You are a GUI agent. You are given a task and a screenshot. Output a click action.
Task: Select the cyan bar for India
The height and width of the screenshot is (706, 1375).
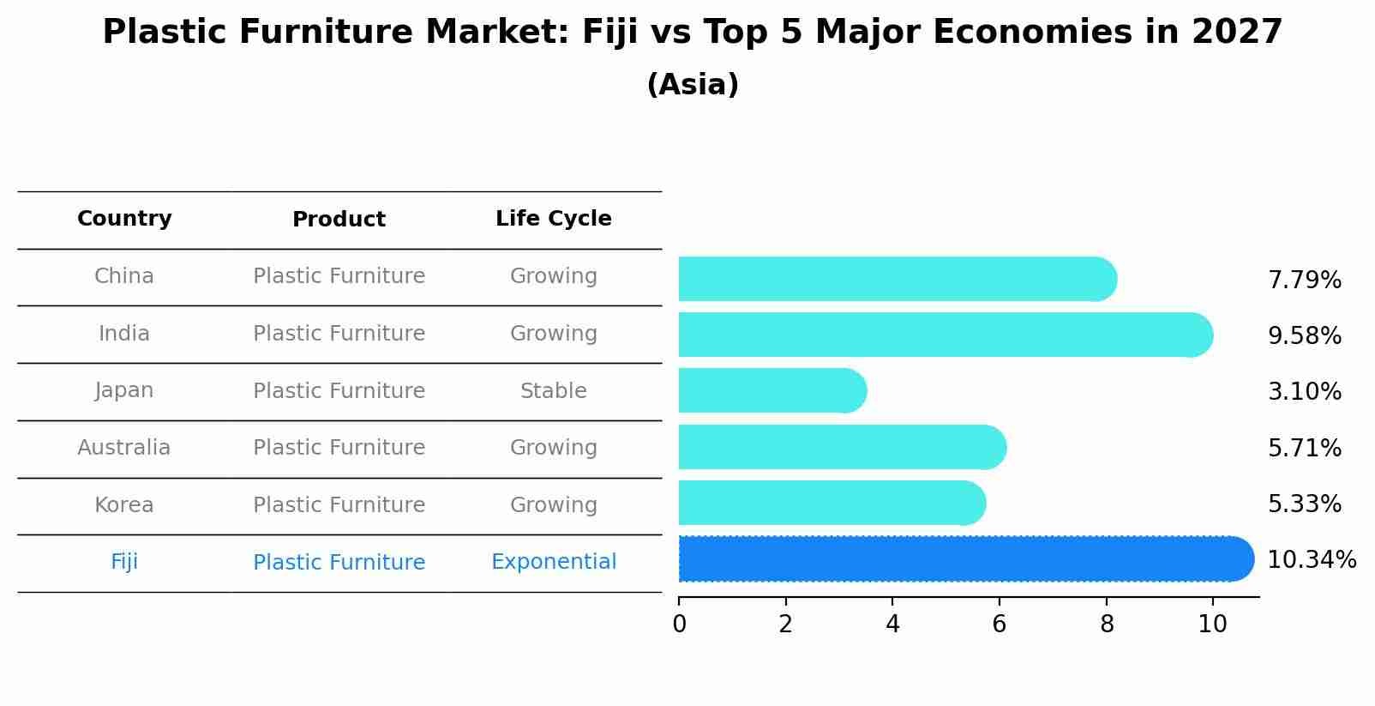943,335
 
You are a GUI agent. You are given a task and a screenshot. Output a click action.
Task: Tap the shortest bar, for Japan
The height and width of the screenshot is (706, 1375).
772,391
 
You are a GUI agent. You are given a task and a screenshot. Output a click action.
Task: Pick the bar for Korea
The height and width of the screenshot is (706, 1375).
832,504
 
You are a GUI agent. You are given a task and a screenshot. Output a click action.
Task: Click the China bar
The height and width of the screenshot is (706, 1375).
896,279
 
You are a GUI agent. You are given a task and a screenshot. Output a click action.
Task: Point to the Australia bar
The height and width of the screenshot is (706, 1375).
840,447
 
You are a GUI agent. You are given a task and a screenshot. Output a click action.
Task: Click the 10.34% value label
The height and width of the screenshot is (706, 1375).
1311,560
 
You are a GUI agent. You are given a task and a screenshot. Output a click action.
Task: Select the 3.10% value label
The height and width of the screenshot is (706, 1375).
1304,392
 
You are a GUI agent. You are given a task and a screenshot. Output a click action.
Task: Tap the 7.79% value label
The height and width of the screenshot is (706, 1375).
1304,281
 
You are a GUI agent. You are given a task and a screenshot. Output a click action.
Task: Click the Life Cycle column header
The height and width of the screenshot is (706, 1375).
554,219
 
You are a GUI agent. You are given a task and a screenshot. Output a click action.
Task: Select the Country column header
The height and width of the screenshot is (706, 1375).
124,219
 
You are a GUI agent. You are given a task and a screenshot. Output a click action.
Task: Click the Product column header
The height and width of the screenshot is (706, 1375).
339,220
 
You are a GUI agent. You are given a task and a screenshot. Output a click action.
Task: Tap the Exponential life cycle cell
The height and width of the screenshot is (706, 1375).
554,562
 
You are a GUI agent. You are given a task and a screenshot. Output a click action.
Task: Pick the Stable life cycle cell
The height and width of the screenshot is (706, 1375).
554,391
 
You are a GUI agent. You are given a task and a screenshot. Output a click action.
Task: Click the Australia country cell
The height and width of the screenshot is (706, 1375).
124,448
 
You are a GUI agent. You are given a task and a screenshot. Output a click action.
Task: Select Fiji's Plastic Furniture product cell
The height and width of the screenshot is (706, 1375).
339,563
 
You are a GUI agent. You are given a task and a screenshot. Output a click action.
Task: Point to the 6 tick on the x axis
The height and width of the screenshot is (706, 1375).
999,625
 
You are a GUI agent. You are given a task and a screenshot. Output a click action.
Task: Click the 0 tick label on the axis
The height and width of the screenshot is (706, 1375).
679,625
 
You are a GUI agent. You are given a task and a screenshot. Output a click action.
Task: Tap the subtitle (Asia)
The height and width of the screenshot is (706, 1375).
693,85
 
